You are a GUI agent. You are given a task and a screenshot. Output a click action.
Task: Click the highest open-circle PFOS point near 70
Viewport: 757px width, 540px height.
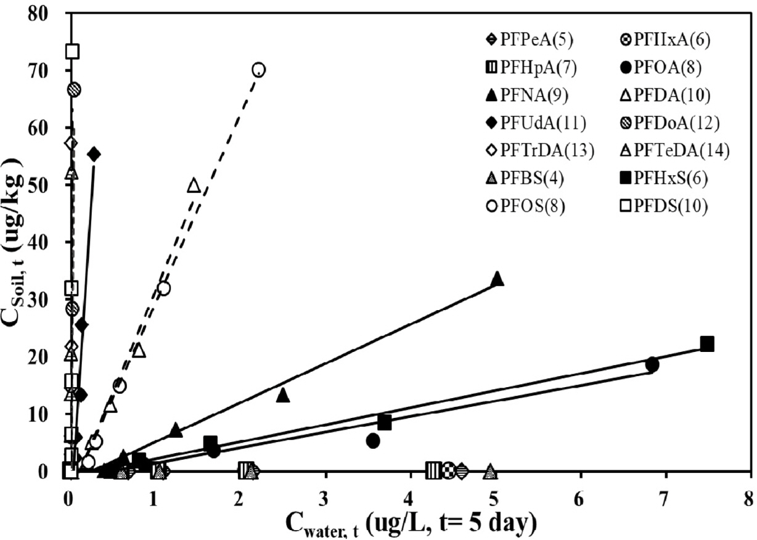click(x=259, y=69)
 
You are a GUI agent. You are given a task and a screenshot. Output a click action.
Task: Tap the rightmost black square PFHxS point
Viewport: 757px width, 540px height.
click(x=707, y=343)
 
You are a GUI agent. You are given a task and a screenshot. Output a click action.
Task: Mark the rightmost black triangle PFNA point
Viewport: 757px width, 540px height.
click(x=497, y=279)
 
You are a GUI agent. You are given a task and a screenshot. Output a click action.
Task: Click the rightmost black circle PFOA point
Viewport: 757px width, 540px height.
click(x=652, y=364)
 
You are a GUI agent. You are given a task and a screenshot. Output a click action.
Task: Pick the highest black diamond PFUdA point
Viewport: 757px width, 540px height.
click(x=94, y=154)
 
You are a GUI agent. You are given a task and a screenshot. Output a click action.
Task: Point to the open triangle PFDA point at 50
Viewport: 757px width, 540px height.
click(x=194, y=185)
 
